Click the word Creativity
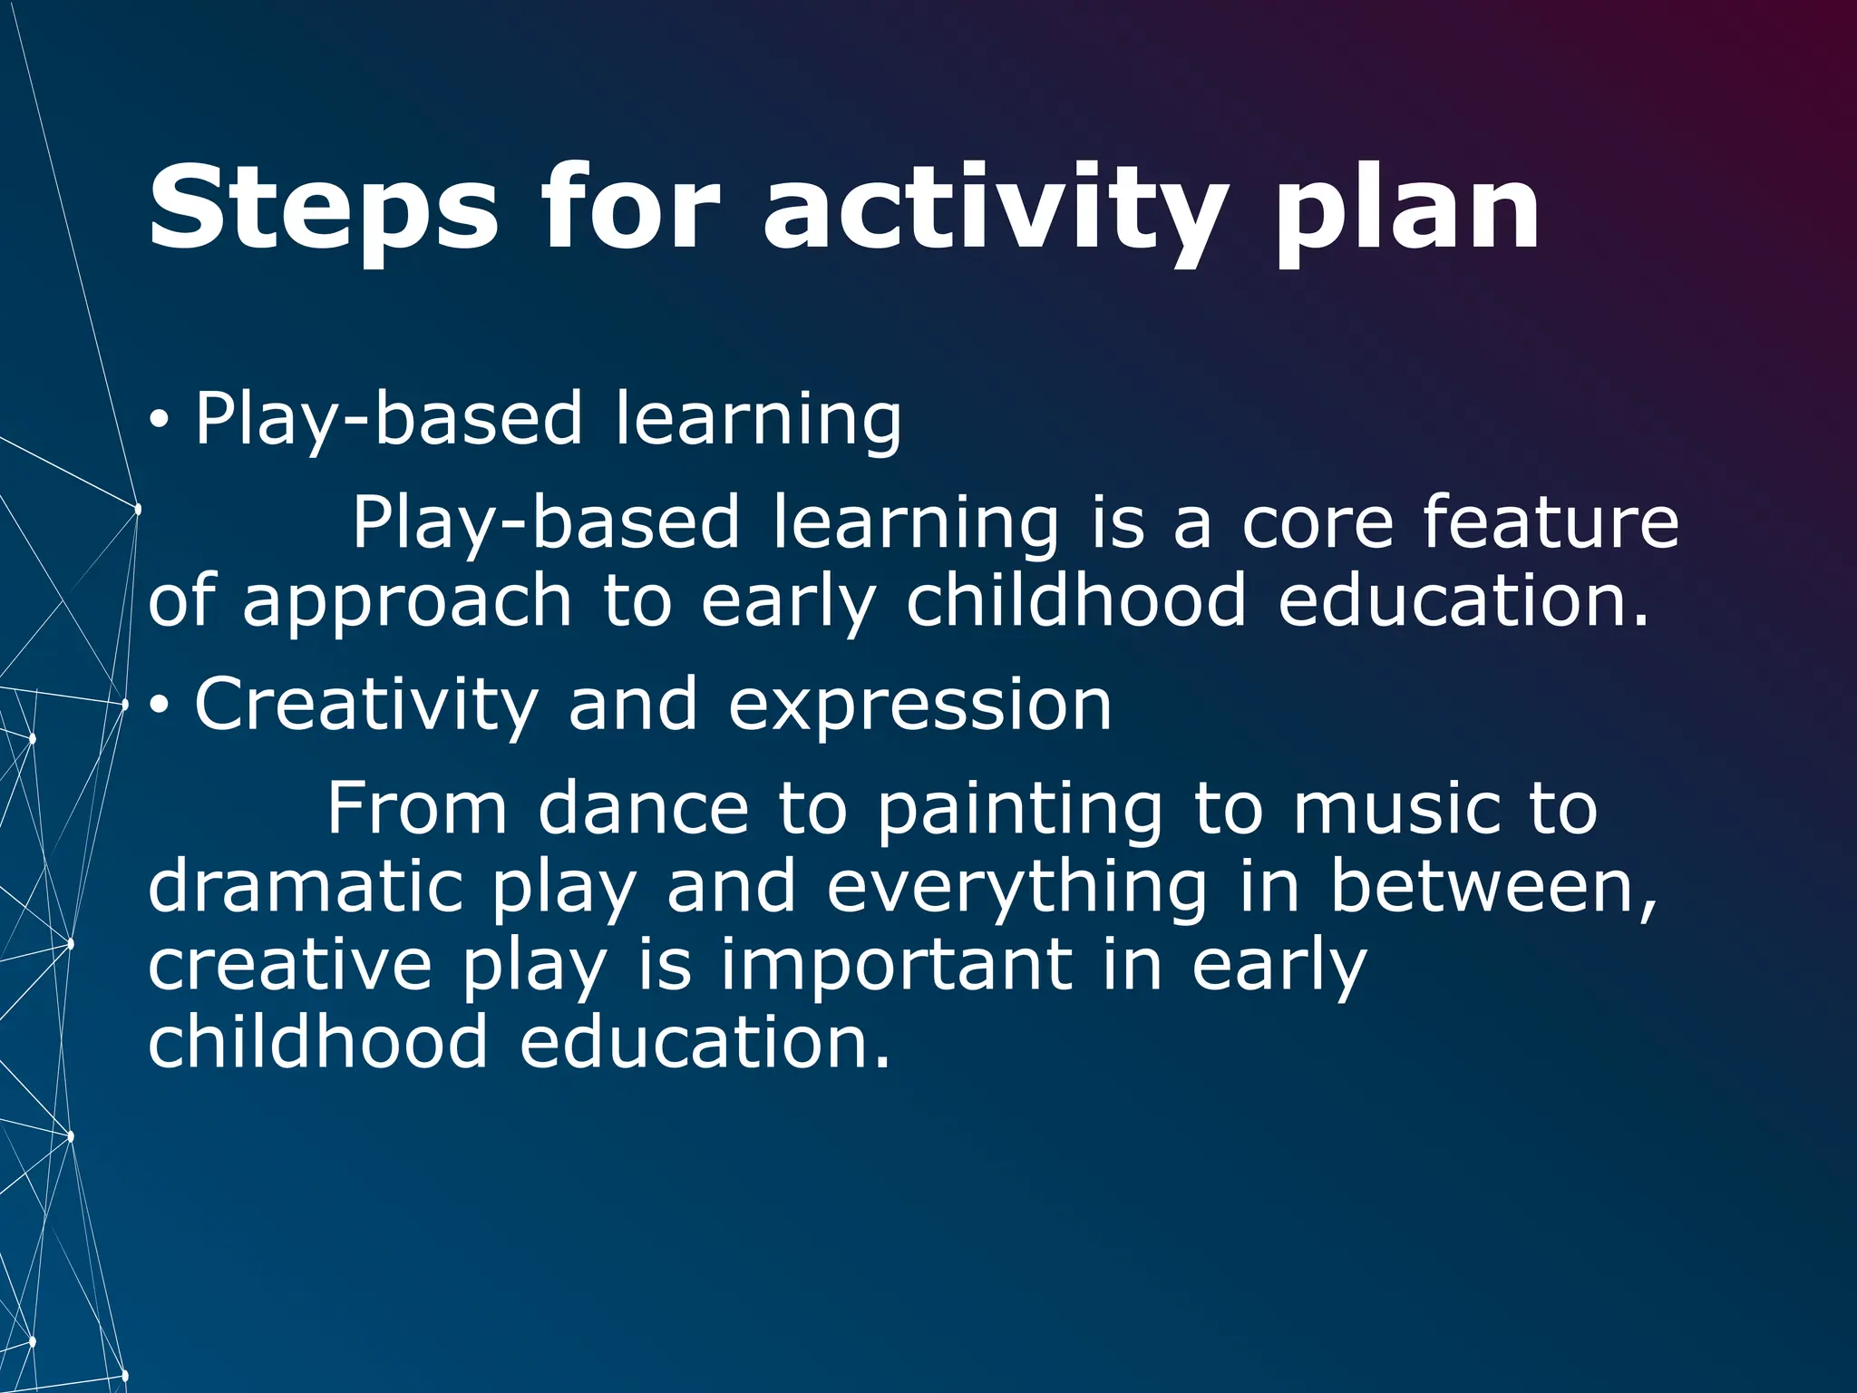click(x=366, y=706)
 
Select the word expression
click(x=919, y=706)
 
